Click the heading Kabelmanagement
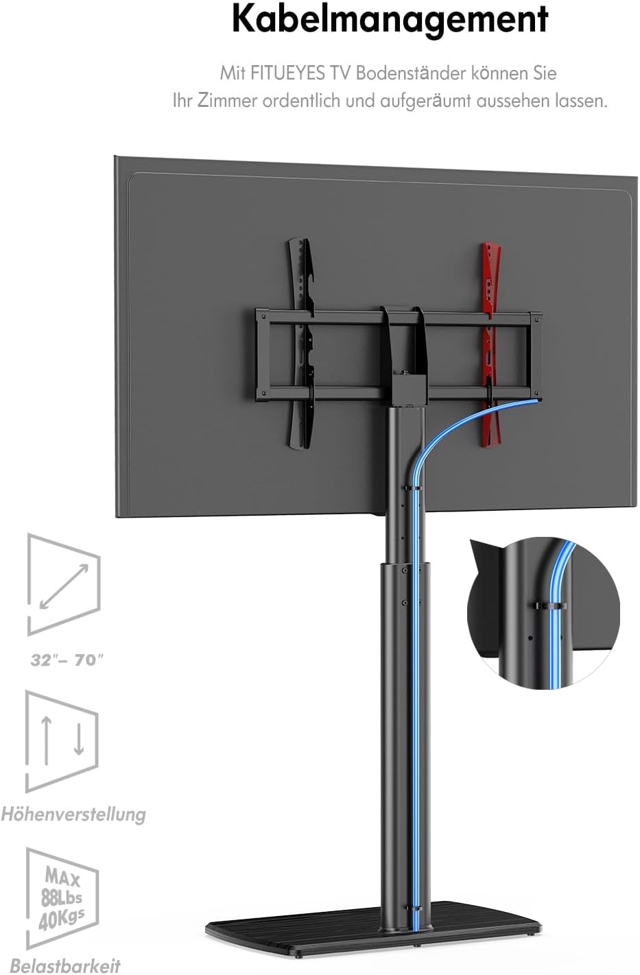(x=390, y=20)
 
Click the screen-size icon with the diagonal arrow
(x=64, y=584)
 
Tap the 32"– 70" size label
(x=67, y=660)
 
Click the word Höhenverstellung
(x=73, y=814)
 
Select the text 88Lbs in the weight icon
(x=61, y=898)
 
